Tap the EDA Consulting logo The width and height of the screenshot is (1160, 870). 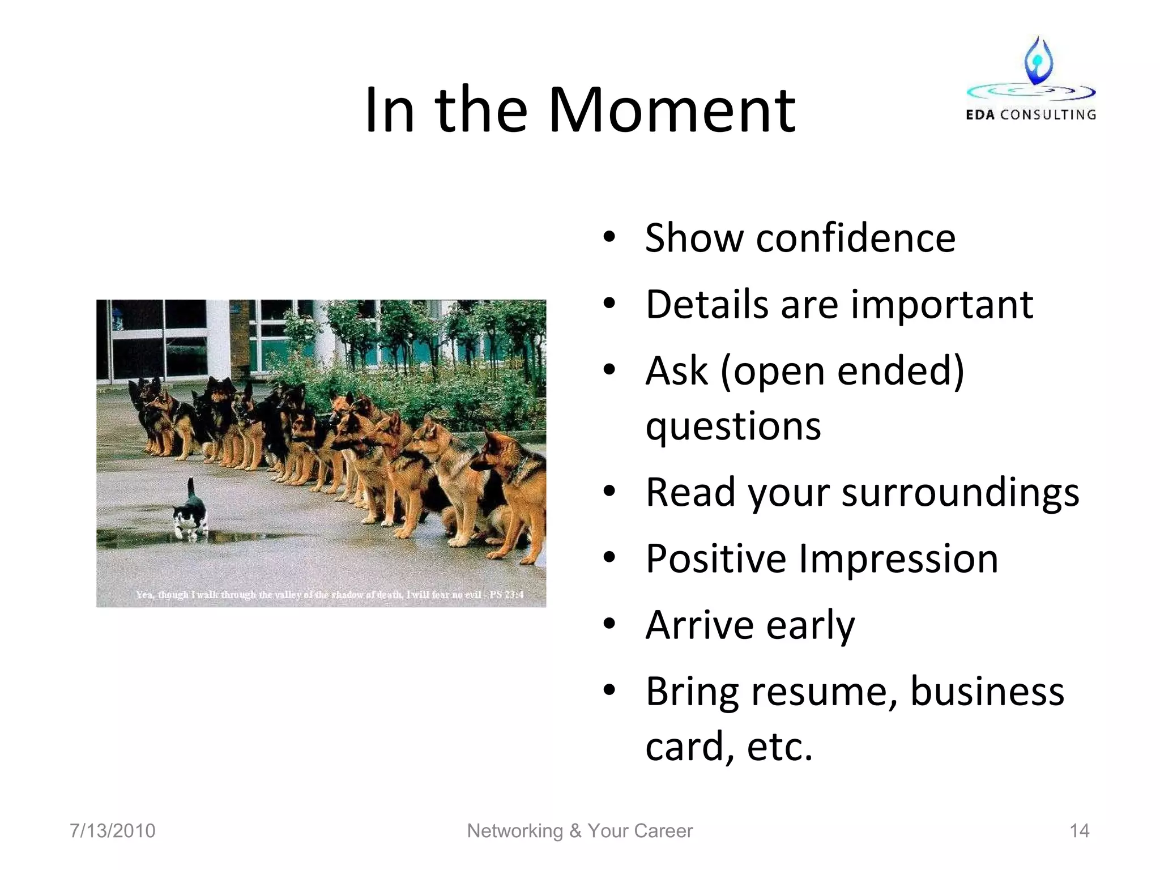tap(1031, 79)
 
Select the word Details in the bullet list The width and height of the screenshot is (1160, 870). tap(707, 305)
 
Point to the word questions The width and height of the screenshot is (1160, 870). tap(733, 426)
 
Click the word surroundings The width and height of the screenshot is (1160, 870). tap(960, 493)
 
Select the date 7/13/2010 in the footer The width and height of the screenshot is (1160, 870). tap(112, 831)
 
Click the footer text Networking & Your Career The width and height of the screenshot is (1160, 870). tap(579, 831)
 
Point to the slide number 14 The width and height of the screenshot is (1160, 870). tap(1079, 831)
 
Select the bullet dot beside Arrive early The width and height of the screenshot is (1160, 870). tap(609, 625)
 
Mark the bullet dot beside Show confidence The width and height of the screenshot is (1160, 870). tap(609, 238)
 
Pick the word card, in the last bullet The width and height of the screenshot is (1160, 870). tap(690, 747)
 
